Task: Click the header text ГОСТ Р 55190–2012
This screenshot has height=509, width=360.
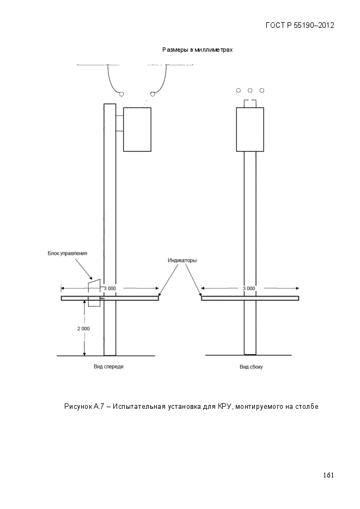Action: [x=300, y=26]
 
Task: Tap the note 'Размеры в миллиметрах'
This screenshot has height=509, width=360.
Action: [x=197, y=50]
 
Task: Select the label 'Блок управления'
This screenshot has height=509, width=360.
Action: [x=68, y=254]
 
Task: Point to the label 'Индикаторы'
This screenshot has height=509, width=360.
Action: [x=182, y=260]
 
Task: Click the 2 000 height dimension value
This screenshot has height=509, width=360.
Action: [x=83, y=328]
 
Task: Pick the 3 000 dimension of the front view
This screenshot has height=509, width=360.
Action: [x=109, y=289]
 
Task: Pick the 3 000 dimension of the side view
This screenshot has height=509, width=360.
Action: [x=249, y=289]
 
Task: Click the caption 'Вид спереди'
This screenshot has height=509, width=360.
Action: [x=108, y=366]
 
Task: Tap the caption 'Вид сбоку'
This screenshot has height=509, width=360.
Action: [x=251, y=367]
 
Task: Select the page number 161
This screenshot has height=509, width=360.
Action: [x=328, y=475]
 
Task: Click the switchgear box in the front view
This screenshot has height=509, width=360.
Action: [x=137, y=130]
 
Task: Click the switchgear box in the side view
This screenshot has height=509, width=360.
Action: [x=250, y=130]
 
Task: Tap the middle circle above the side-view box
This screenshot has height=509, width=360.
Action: [x=250, y=90]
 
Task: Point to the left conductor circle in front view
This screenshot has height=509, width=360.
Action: [x=121, y=94]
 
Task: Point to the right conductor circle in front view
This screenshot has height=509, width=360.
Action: [x=152, y=94]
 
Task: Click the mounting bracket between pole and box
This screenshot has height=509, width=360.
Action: [x=119, y=124]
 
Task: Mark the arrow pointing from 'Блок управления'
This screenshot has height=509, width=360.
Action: [x=81, y=268]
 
